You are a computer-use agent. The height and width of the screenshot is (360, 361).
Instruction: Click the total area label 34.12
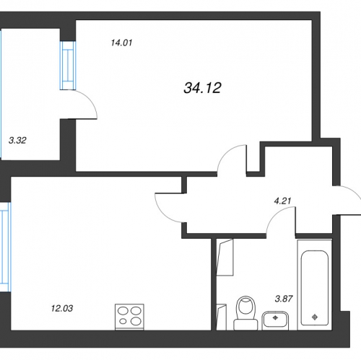coord(202,88)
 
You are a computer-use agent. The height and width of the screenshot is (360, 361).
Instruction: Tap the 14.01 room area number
coord(121,43)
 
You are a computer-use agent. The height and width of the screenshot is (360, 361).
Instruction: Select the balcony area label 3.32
coord(17,140)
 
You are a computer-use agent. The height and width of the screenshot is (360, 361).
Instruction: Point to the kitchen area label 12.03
coord(62,308)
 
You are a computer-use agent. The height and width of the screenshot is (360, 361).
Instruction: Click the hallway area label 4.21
coord(282,201)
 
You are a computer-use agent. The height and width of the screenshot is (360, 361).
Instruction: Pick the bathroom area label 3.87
coord(284,299)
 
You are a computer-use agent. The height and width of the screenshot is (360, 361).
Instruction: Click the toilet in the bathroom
coord(245,313)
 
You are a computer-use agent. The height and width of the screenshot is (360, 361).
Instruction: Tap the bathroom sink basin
coord(275,320)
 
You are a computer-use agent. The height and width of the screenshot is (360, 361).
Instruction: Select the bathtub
coord(315,285)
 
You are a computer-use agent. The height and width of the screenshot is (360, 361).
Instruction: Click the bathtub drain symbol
coord(315,317)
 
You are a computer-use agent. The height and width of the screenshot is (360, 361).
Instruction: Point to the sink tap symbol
coord(275,317)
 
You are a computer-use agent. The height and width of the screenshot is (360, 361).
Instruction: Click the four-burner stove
coord(129,317)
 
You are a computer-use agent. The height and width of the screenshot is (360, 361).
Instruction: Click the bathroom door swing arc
coord(276,215)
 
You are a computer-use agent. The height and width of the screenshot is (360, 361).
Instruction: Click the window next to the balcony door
coord(68,66)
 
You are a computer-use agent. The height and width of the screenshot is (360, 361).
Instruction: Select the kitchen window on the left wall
coord(5,247)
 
